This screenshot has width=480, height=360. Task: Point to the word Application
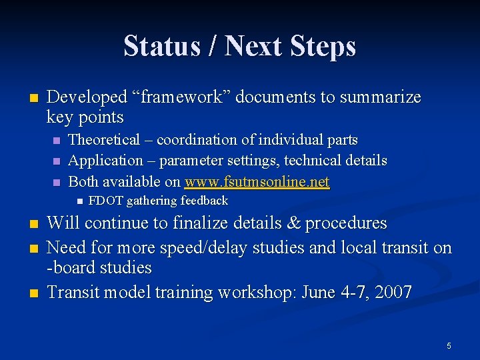[106, 161]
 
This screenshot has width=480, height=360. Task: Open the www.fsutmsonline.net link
[257, 181]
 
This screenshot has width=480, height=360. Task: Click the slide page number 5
[449, 345]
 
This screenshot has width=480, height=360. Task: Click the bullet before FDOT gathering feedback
[78, 201]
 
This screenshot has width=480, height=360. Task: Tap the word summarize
[381, 97]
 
